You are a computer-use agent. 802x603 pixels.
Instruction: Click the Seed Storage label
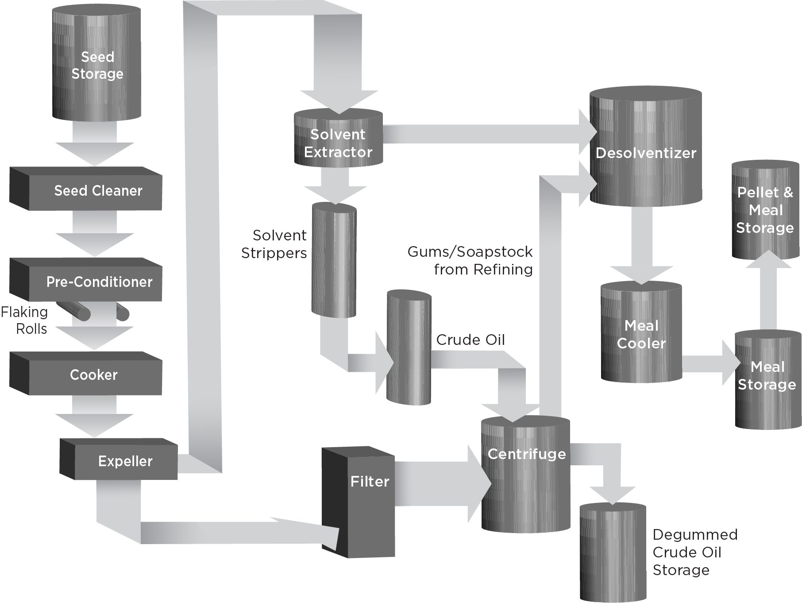[97, 66]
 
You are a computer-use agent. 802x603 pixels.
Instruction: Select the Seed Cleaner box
[98, 191]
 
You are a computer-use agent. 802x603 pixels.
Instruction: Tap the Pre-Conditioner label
[99, 282]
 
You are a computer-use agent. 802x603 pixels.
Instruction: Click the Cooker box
[94, 375]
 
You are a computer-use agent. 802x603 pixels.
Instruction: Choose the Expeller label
[125, 461]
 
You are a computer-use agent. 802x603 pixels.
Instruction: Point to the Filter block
[370, 482]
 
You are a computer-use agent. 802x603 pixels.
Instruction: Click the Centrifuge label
[526, 454]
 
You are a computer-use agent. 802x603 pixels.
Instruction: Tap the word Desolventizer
[646, 153]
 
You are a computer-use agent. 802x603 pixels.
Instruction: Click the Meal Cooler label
[641, 335]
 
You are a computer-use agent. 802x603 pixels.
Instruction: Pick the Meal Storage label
[767, 376]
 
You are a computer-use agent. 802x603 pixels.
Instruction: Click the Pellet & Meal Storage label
[765, 210]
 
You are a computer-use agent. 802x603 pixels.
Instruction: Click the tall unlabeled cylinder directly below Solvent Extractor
[334, 261]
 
